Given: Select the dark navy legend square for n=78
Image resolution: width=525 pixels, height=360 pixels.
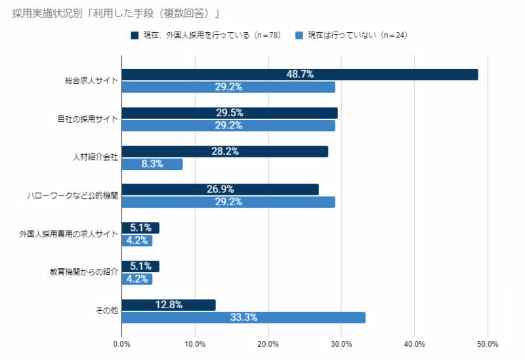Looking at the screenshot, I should [x=135, y=35].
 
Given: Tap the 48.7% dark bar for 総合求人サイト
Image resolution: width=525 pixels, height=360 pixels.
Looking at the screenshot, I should [x=300, y=75].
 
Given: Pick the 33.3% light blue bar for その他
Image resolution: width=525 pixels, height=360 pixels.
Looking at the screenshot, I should [x=243, y=318].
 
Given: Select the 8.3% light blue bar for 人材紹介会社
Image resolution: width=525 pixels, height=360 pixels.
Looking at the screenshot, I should [x=152, y=164].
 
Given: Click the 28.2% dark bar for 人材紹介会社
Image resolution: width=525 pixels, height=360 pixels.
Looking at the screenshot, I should [x=225, y=151].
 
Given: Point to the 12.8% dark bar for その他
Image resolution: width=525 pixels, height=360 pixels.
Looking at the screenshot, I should [x=169, y=305].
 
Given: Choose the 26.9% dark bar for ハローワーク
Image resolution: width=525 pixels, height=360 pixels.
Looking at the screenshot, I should [x=220, y=190].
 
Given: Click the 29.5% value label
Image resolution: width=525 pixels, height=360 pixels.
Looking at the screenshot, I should [x=230, y=113].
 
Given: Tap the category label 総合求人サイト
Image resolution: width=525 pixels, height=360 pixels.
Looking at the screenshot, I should [x=92, y=81].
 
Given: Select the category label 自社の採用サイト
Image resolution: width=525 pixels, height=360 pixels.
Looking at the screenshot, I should [x=87, y=119].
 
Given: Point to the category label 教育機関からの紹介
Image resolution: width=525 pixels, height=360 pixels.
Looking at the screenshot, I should [x=84, y=272].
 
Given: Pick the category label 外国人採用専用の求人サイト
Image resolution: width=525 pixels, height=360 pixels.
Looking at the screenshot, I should [x=69, y=234].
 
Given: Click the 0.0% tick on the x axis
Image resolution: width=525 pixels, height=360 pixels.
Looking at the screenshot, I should [x=122, y=344].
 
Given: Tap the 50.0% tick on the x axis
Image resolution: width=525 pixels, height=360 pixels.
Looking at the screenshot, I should [x=488, y=344].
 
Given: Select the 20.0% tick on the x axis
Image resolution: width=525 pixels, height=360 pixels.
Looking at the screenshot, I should [x=268, y=344].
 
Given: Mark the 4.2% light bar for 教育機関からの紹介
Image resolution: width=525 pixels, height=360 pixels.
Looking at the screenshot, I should [x=137, y=279].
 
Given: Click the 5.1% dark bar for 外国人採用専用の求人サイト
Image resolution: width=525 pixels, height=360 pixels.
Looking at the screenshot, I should [x=140, y=228].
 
